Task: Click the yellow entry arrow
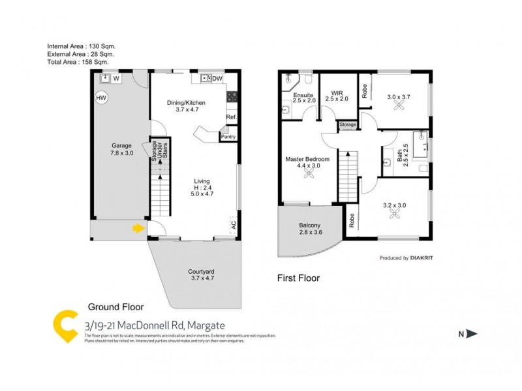138,228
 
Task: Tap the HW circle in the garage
101,99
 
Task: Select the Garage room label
121,145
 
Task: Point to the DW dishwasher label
218,79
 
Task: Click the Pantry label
228,137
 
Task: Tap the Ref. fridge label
231,117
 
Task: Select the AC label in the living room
233,225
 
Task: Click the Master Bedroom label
307,159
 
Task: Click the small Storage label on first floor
348,124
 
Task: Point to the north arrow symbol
472,334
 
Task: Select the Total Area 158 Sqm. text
81,63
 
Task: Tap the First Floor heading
299,278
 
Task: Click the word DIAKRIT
425,258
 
